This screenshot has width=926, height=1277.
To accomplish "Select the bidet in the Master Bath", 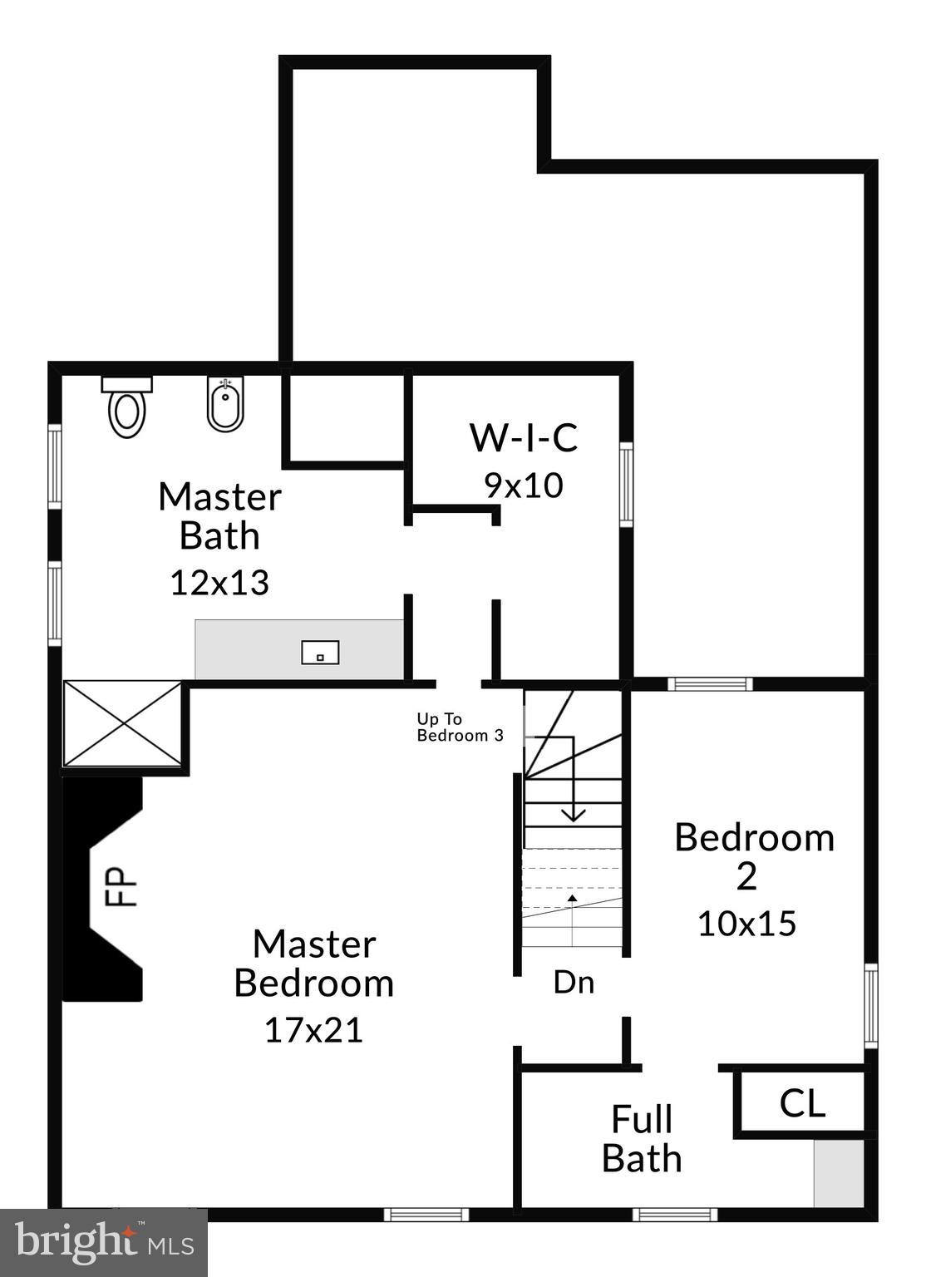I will (225, 405).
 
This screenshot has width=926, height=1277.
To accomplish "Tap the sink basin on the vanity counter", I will (320, 653).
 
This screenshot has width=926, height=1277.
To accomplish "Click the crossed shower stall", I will (123, 723).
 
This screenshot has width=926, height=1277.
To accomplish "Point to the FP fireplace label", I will (117, 887).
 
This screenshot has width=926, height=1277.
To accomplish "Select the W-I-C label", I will (524, 437).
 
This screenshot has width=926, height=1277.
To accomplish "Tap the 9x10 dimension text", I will (524, 486).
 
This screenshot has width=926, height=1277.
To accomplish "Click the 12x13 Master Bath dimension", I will (219, 583).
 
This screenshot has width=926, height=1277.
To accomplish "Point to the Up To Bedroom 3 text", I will (460, 727).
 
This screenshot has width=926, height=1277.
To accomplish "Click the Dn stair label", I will (574, 983).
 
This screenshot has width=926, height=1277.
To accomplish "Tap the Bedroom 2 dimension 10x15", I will (746, 924).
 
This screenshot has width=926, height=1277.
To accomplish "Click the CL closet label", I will (802, 1104).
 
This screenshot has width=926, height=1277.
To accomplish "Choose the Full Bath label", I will (642, 1139).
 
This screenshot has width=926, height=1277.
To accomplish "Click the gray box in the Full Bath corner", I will (838, 1173).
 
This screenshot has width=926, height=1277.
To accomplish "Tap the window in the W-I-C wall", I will (626, 484).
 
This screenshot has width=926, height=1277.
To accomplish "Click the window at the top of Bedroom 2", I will (710, 684).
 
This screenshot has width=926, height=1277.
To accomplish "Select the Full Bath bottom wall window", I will (674, 1215).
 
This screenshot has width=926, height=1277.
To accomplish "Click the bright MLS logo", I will (104, 1243).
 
